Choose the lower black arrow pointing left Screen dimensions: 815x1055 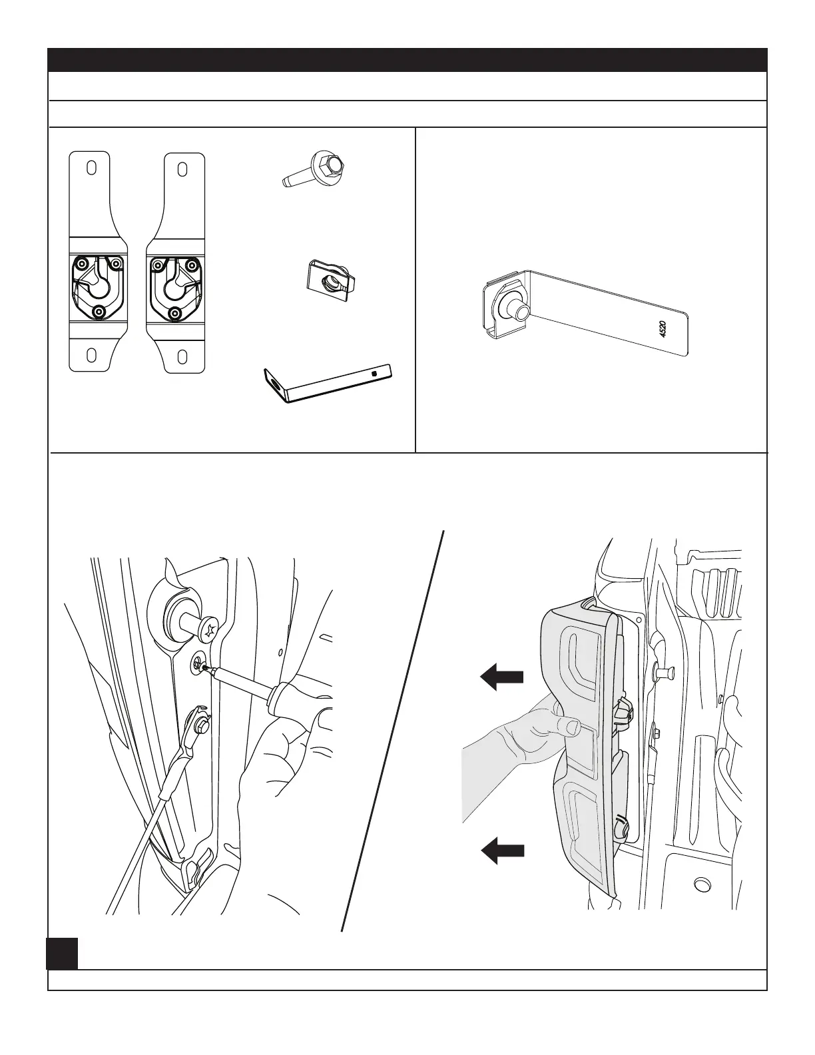tap(501, 851)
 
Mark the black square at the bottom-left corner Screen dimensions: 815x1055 tap(62, 953)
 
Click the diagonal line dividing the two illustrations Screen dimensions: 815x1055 tap(393, 733)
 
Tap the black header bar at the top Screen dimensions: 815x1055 tap(407, 59)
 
